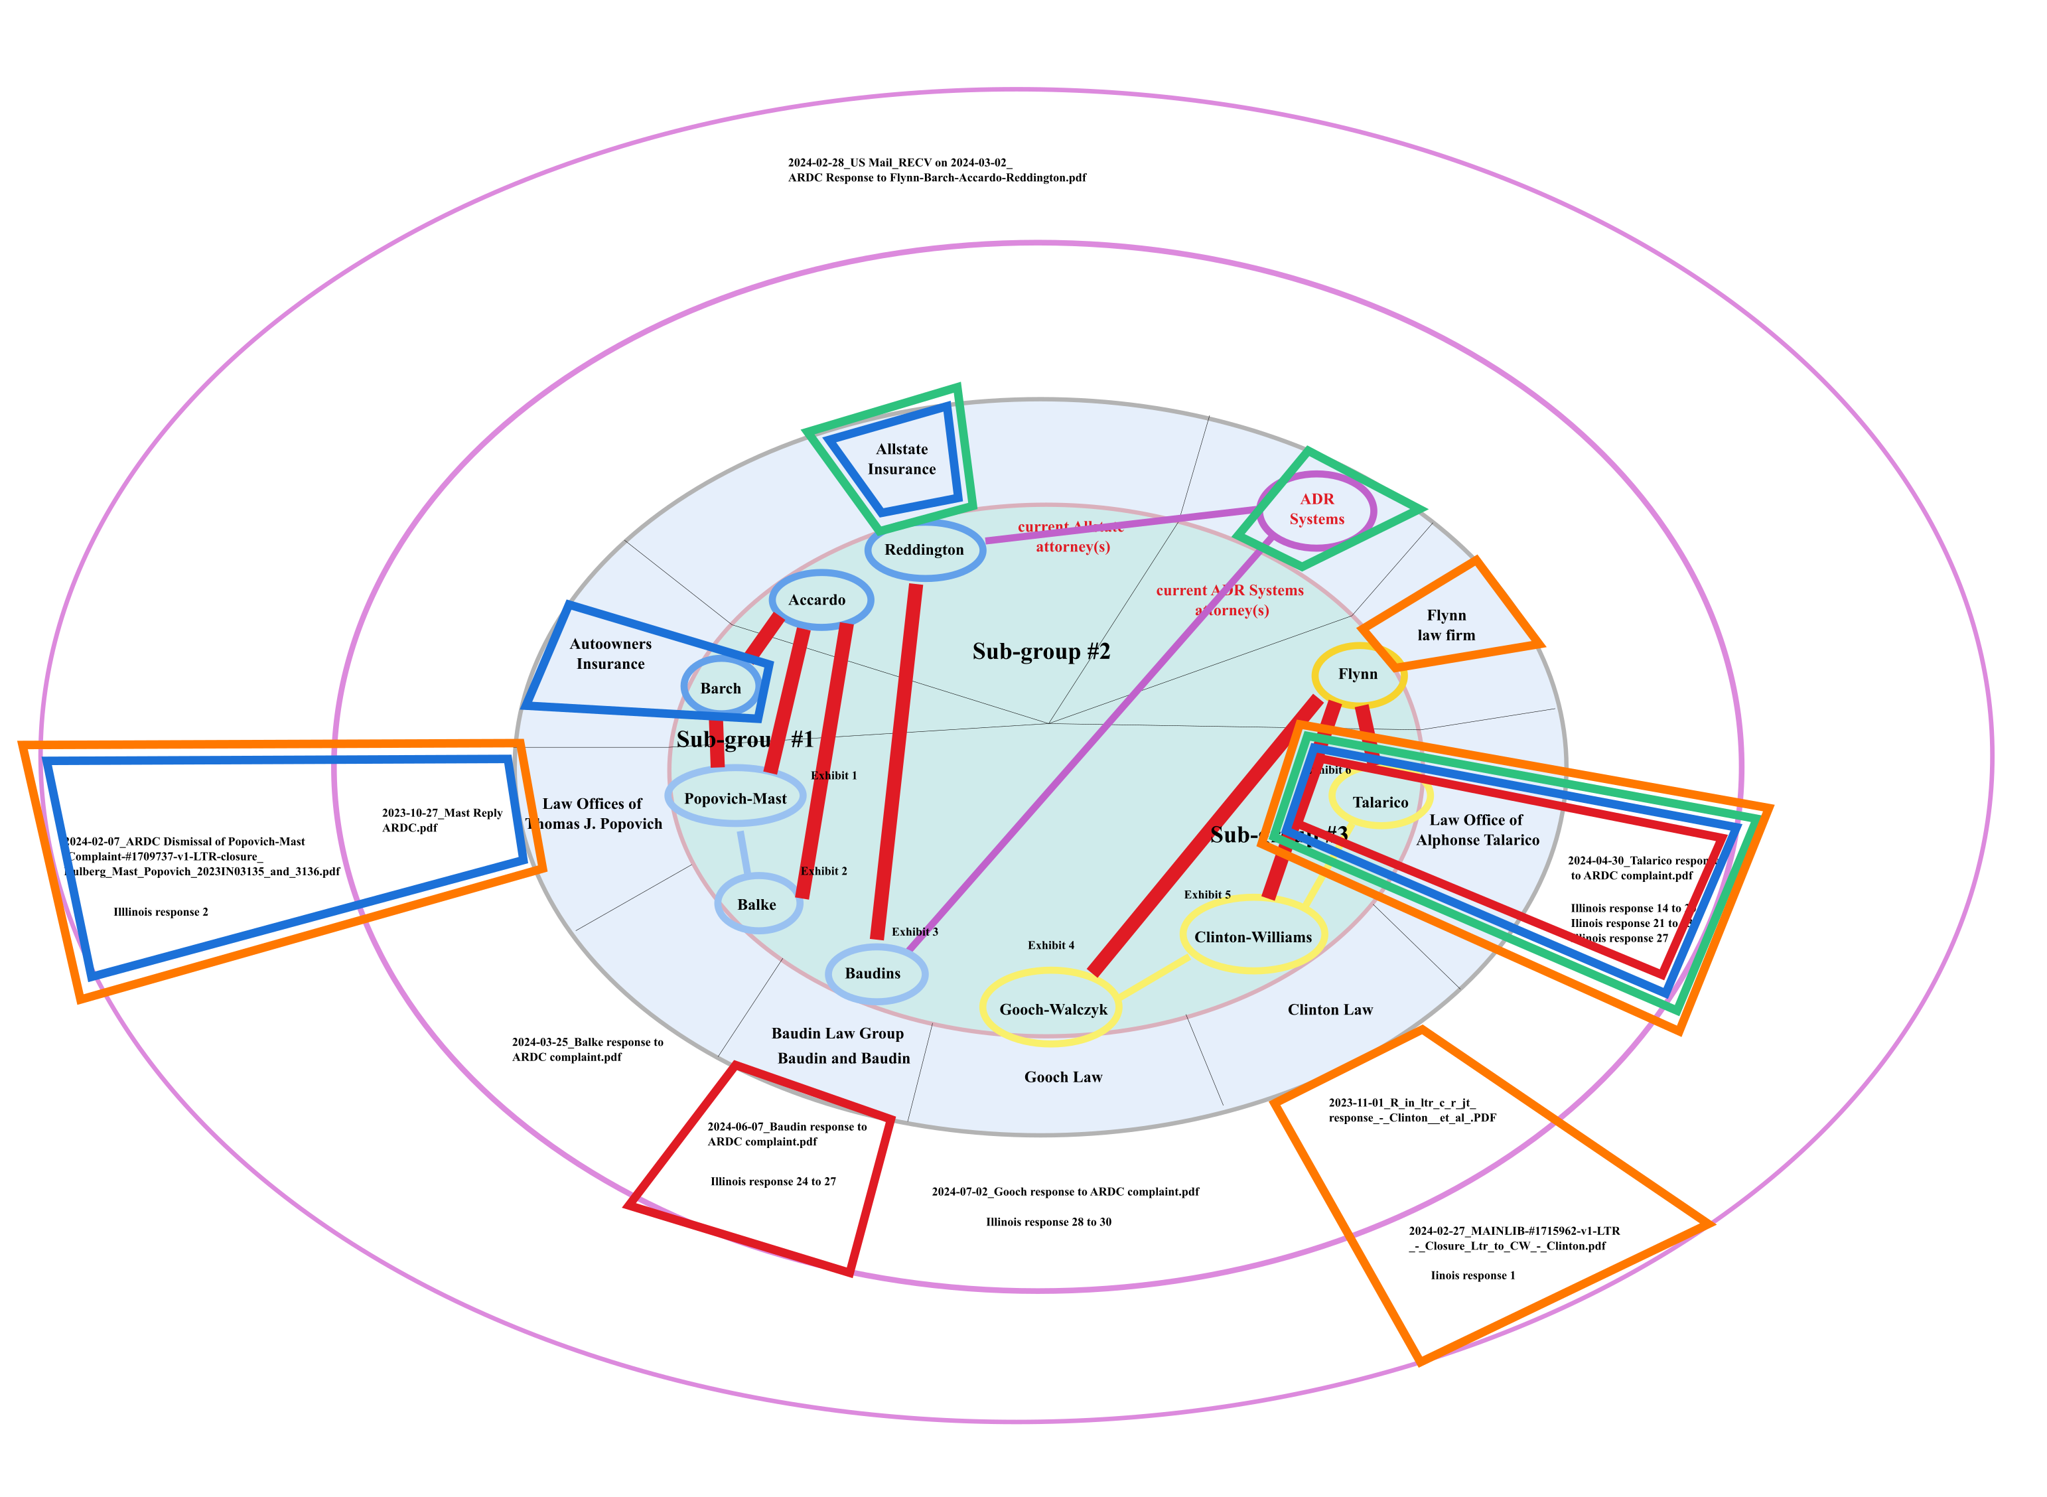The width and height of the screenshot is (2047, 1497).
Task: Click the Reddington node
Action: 924,550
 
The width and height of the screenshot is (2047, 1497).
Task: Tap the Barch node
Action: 721,688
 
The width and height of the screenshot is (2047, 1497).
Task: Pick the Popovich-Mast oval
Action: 735,798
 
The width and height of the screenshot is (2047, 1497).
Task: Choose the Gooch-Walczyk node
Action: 1052,1009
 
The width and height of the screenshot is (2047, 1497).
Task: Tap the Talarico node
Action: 1380,802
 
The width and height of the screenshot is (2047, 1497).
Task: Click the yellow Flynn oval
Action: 1358,674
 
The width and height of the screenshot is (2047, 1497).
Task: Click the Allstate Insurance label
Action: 902,459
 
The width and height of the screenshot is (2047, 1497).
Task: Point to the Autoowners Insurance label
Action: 610,654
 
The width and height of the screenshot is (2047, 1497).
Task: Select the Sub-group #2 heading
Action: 1041,652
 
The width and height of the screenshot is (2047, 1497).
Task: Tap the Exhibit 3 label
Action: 914,932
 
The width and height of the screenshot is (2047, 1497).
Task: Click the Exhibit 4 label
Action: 1050,945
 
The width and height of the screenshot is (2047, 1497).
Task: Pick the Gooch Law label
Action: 1063,1078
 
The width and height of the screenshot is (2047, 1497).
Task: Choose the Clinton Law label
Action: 1329,1009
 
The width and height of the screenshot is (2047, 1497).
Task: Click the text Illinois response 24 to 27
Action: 773,1182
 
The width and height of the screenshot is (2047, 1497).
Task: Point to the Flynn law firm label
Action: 1447,625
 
